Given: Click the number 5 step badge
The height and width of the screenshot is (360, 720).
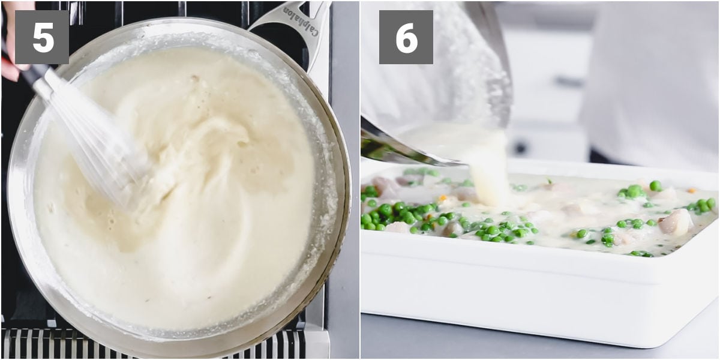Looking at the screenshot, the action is point(42,37).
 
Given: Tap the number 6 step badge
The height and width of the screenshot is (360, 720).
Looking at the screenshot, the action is point(406,37).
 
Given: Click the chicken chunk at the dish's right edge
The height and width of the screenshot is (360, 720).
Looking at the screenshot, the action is point(676,223).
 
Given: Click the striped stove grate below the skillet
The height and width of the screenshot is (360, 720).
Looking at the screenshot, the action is point(154,344).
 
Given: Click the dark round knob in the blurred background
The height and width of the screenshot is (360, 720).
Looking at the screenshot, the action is point(520,147).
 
